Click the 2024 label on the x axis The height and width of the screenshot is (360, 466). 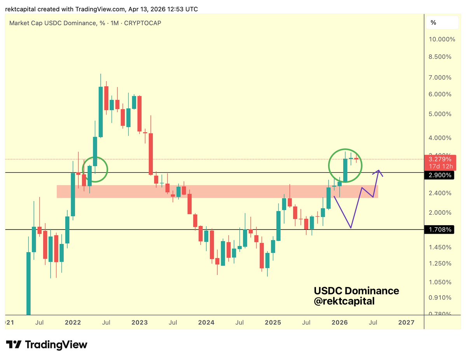click(x=206, y=322)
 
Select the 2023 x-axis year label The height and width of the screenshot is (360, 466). click(x=139, y=322)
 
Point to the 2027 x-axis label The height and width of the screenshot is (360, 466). click(x=407, y=322)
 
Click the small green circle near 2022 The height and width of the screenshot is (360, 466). click(x=94, y=169)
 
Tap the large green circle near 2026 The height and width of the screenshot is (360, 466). click(x=345, y=165)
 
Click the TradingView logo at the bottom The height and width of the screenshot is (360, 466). click(x=47, y=344)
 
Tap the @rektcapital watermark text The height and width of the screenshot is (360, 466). click(x=344, y=301)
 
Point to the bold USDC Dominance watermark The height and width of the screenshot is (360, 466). click(x=356, y=291)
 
